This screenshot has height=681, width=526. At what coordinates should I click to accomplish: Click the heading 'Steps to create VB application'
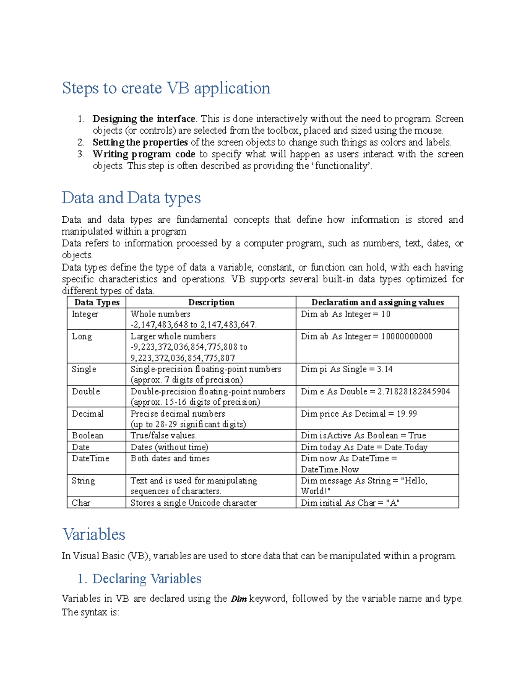click(x=166, y=88)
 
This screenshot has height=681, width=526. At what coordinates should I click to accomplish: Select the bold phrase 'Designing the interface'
click(x=144, y=119)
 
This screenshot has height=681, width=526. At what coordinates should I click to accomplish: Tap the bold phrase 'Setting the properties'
click(x=140, y=143)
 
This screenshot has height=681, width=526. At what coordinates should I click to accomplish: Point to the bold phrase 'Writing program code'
click(x=144, y=154)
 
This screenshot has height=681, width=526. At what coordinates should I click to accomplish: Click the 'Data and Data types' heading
click(x=131, y=198)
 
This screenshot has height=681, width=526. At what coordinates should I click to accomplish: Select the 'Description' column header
click(x=211, y=302)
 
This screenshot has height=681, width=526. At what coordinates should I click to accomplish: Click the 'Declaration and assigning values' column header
click(x=377, y=302)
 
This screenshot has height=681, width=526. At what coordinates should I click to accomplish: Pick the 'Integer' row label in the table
click(x=85, y=314)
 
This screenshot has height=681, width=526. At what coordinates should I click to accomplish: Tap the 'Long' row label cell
click(x=82, y=337)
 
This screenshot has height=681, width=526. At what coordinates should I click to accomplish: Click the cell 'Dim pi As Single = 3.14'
click(x=346, y=369)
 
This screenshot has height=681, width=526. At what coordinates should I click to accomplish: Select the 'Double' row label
click(x=86, y=392)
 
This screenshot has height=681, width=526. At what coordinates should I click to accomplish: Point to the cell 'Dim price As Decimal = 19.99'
click(x=359, y=414)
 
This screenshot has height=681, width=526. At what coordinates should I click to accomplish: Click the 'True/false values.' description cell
click(x=163, y=435)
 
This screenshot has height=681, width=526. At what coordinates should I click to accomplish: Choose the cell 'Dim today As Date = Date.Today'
click(x=364, y=447)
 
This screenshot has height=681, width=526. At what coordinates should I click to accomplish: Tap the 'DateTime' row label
click(x=90, y=459)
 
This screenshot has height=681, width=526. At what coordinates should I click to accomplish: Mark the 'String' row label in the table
click(x=83, y=481)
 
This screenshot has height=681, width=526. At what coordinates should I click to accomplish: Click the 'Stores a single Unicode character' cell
click(x=193, y=503)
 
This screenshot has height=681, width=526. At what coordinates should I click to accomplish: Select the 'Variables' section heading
click(x=94, y=535)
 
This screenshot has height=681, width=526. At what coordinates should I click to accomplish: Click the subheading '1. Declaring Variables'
click(x=139, y=579)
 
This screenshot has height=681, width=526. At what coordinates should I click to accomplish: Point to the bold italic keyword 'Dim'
click(x=238, y=599)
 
